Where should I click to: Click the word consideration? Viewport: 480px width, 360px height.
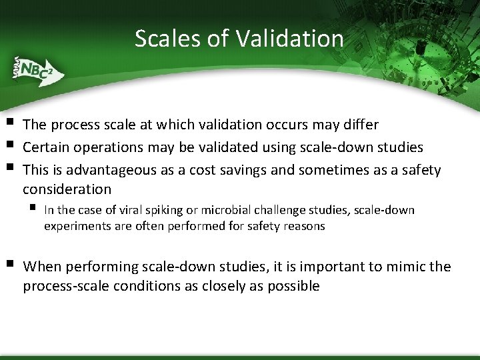[x=67, y=189]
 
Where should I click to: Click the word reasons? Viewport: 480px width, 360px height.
[x=304, y=226]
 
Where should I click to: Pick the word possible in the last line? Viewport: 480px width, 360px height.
[x=294, y=287]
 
